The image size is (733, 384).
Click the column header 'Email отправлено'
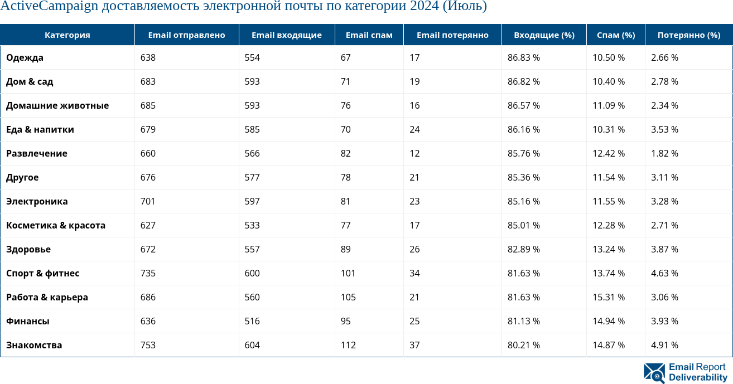point(186,35)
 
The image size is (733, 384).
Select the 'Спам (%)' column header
point(616,35)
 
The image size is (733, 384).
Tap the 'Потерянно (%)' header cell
point(688,35)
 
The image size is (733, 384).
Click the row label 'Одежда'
point(25,57)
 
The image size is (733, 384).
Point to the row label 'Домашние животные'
point(57,105)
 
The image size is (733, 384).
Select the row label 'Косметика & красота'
point(56,225)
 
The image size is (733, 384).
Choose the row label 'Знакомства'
point(34,345)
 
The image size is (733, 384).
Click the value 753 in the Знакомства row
point(148,345)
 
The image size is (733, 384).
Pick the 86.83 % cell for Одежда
point(523,57)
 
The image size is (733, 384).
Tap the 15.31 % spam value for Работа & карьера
point(608,297)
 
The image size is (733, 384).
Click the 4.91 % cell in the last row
point(664,345)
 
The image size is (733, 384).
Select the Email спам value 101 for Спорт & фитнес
point(348,273)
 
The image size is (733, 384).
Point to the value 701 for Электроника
point(148,201)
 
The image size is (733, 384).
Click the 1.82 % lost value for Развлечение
point(664,153)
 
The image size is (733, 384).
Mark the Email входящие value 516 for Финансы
point(252,321)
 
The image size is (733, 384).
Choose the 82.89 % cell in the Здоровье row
point(523,249)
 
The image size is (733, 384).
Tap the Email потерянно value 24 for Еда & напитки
point(414,129)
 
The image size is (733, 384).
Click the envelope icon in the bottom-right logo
point(654,373)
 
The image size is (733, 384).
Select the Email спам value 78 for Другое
point(346,177)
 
